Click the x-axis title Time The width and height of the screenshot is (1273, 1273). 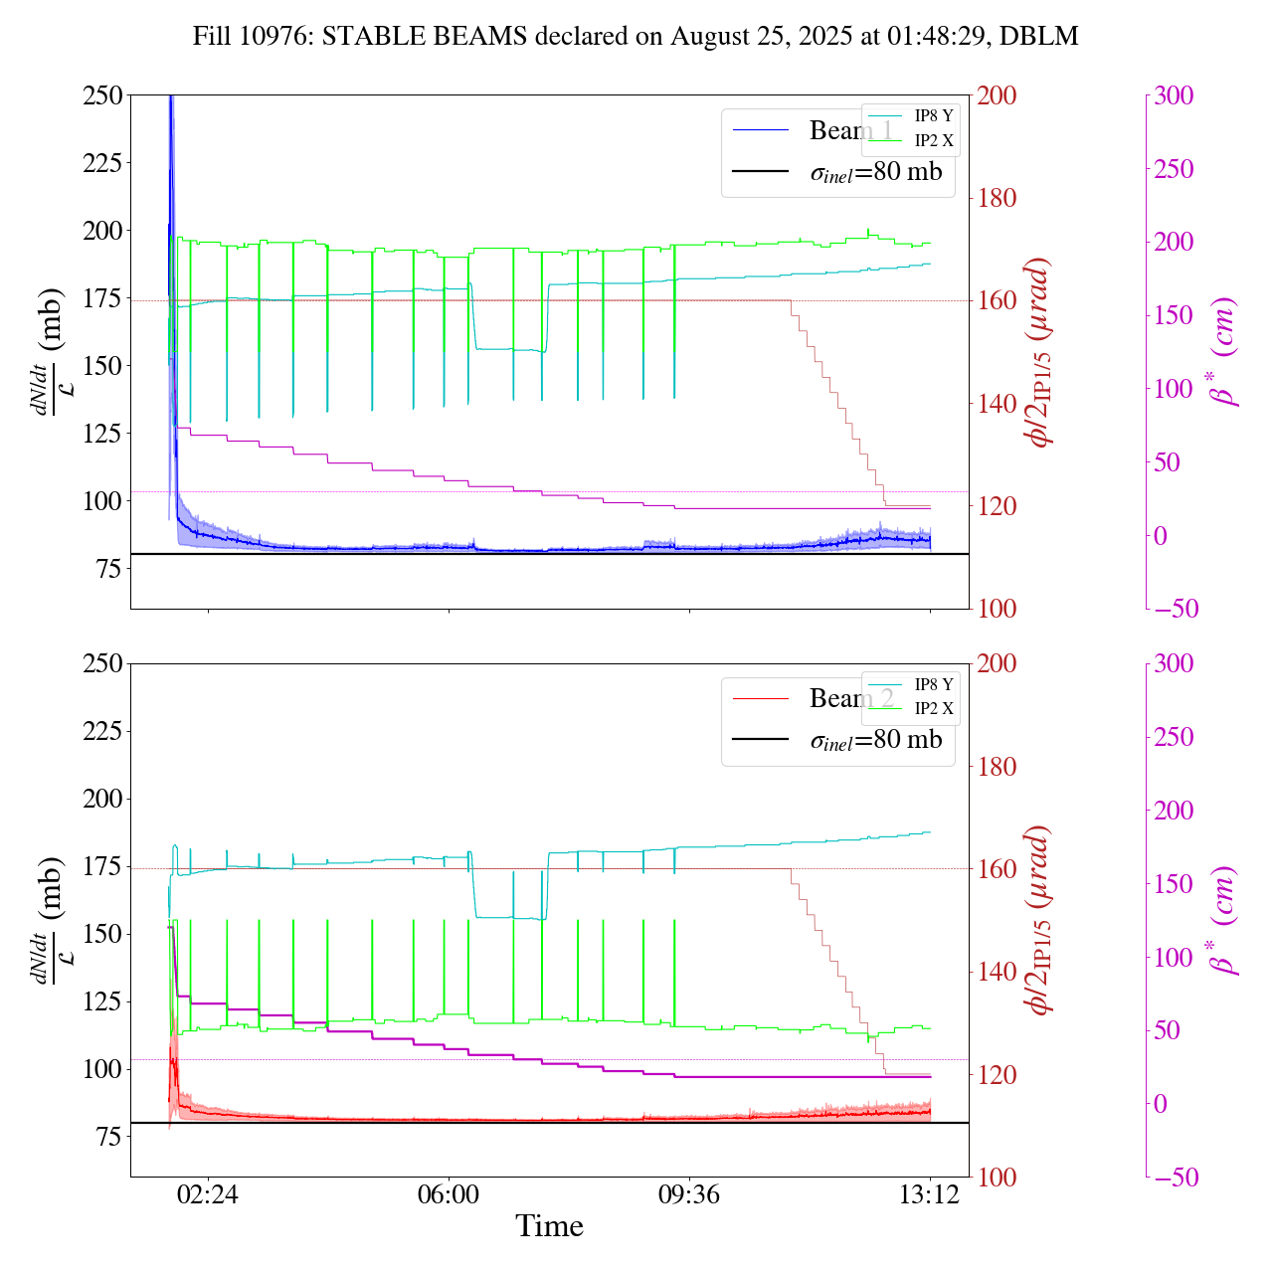coord(549,1226)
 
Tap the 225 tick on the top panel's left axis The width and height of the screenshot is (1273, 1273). coord(102,163)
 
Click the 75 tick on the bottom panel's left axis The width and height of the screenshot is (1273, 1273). coord(109,1137)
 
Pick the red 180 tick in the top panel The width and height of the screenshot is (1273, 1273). coord(998,198)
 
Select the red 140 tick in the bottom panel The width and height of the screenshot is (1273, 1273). coord(998,972)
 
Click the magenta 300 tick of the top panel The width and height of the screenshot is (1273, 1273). coord(1174,95)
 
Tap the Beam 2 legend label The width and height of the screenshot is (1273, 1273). coord(850,699)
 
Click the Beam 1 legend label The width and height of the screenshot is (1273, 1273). coord(850,130)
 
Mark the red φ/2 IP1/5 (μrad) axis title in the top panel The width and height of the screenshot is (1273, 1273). coord(1040,352)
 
